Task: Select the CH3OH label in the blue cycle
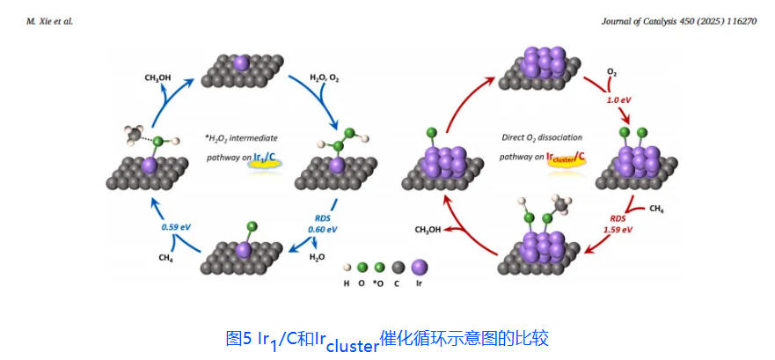(157, 77)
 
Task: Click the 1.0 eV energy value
(620, 99)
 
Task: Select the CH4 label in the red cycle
(656, 209)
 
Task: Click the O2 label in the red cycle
(611, 71)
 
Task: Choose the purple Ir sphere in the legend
(419, 267)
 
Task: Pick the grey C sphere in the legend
(398, 268)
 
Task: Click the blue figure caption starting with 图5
(387, 337)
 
